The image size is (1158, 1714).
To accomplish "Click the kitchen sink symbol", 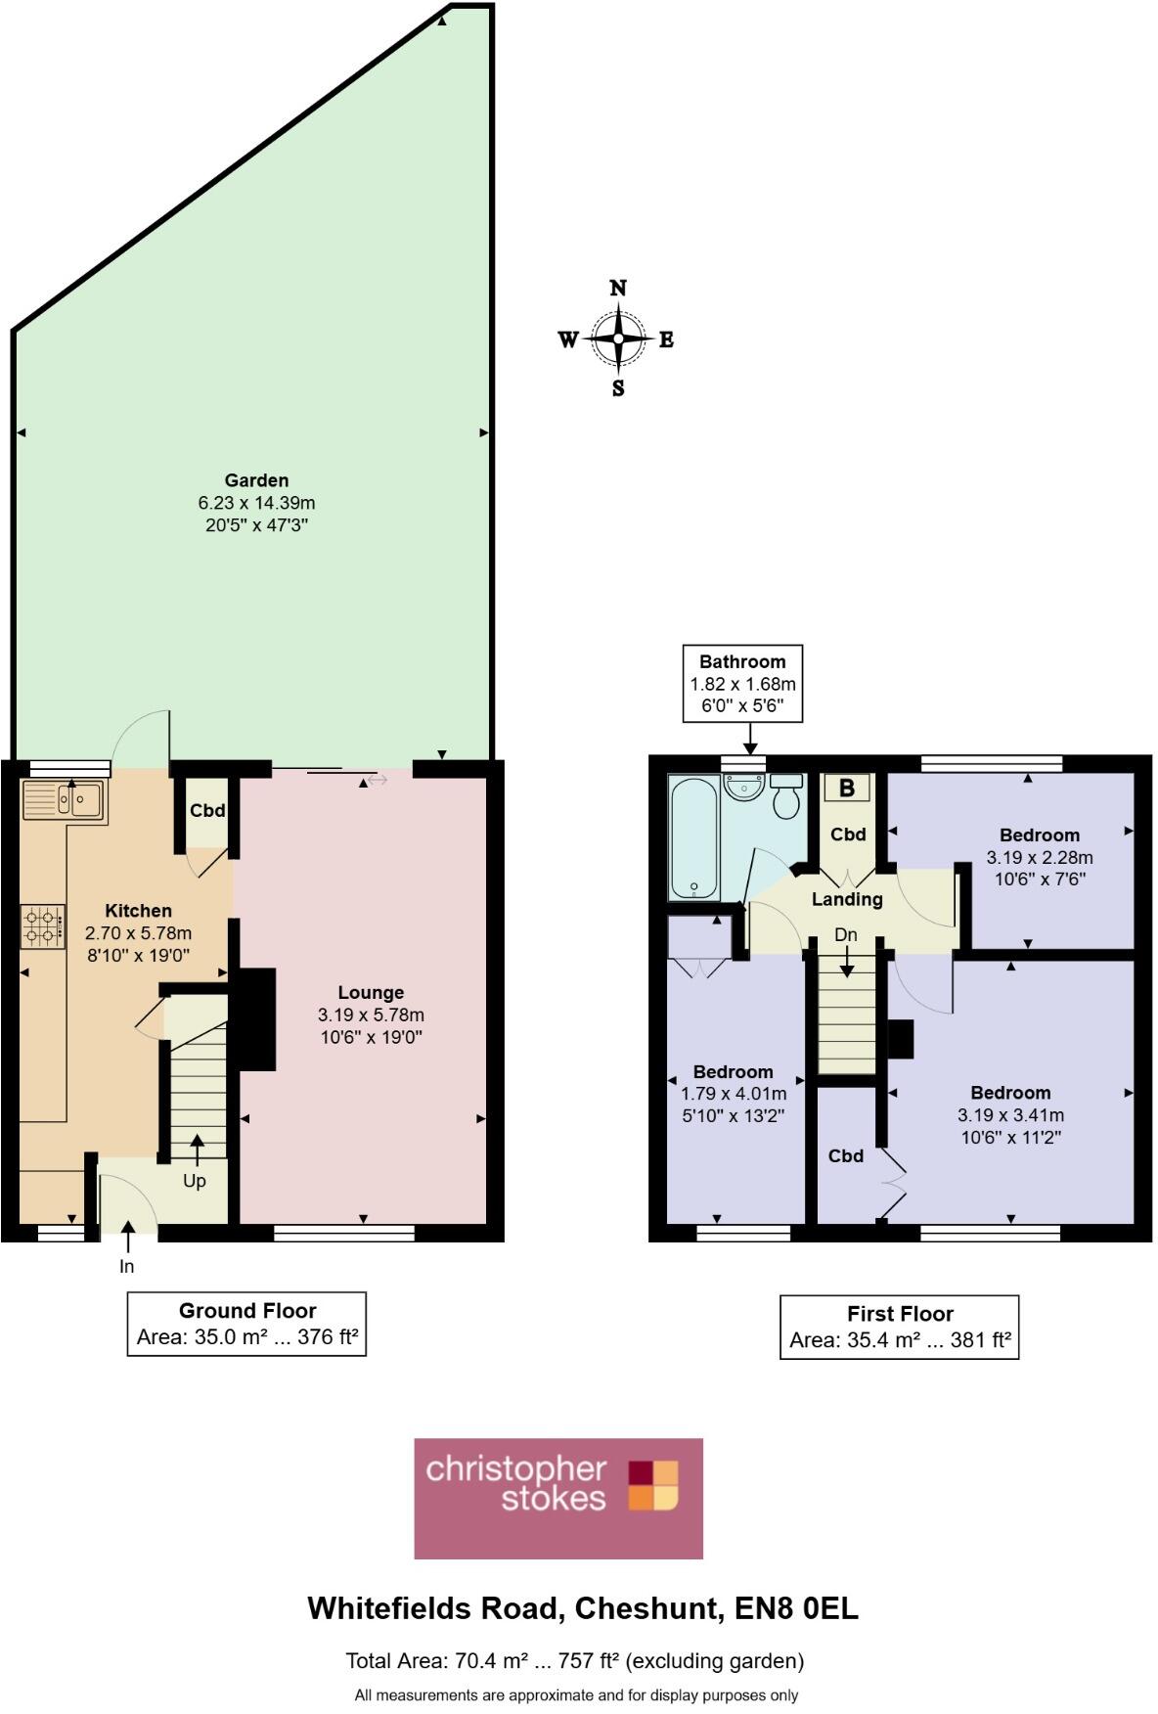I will (64, 801).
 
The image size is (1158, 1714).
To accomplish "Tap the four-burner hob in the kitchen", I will (43, 926).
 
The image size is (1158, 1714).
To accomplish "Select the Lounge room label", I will (371, 992).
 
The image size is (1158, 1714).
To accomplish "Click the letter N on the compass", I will (618, 288).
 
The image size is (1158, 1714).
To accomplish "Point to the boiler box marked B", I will (847, 788).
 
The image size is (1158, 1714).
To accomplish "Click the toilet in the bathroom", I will (786, 797).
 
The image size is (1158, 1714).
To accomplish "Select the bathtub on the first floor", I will (693, 837).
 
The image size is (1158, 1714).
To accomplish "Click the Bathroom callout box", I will (742, 683).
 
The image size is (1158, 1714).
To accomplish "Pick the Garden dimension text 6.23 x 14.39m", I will (256, 503).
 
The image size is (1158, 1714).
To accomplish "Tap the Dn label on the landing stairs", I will (846, 935).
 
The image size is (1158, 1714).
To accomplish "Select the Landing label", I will (847, 899).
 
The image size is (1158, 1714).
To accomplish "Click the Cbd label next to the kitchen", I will (207, 810).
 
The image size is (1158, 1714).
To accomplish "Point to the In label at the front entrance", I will (126, 1266).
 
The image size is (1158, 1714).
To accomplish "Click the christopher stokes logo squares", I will (652, 1486).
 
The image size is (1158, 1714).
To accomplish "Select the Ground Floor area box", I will (246, 1324).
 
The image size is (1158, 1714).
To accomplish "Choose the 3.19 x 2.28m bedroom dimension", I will (1039, 857).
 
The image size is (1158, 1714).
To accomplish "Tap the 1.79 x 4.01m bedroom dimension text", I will (734, 1094).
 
